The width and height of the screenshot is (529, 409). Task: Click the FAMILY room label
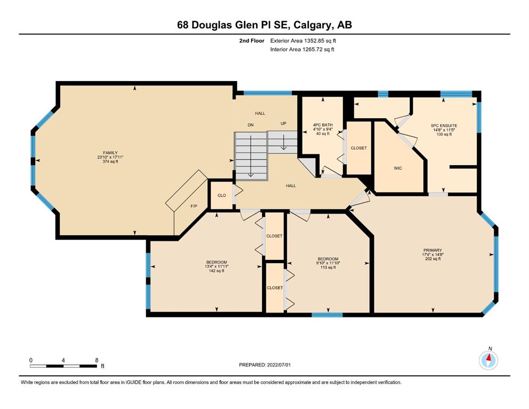110,153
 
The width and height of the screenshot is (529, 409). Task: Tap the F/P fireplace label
194,206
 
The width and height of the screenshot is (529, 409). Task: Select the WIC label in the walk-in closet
398,168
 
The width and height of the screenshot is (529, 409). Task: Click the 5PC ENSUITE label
444,126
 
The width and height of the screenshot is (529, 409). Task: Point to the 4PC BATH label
323,125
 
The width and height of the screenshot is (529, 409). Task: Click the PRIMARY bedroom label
433,250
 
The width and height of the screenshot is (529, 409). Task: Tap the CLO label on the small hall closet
222,195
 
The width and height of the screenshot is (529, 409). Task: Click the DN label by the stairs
251,125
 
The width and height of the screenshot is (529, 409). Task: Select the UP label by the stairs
283,124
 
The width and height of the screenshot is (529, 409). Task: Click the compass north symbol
489,360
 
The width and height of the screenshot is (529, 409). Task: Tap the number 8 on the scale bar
97,360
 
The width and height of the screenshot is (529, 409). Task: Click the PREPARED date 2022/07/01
279,364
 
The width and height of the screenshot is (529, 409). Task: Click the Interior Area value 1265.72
312,49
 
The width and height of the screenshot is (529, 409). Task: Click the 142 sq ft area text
217,271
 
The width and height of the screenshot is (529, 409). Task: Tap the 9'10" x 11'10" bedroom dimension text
328,263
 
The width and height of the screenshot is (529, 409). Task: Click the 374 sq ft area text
110,161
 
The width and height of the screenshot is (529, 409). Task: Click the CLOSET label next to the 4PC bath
359,148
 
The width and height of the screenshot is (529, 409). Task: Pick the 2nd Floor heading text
251,40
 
